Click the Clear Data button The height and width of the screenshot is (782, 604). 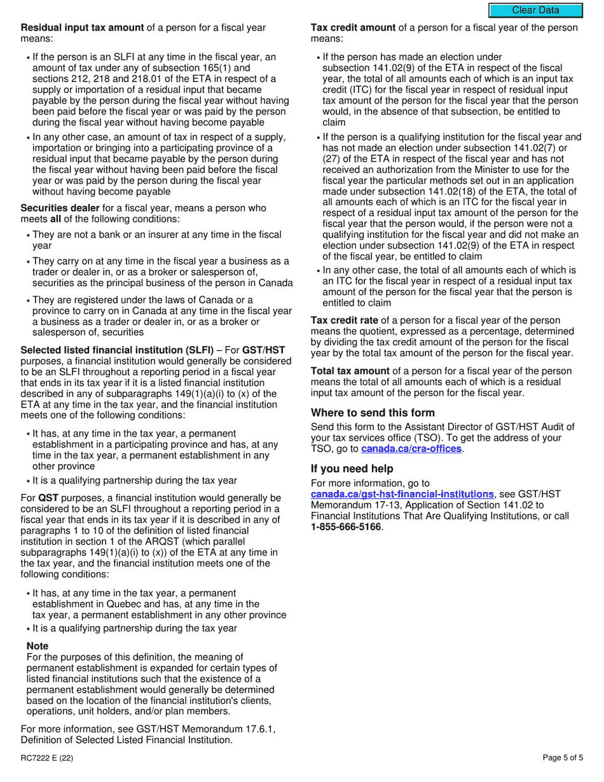click(x=535, y=10)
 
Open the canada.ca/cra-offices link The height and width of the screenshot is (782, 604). click(x=411, y=449)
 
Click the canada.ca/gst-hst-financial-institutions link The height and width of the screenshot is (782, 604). click(x=402, y=494)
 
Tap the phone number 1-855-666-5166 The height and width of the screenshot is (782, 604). click(x=347, y=527)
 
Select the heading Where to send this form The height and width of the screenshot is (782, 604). click(x=373, y=413)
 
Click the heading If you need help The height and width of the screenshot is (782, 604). click(x=352, y=469)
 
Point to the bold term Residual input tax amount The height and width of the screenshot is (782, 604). click(x=83, y=28)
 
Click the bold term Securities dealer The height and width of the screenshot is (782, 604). click(x=60, y=208)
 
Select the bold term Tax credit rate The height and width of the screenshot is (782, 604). click(x=344, y=320)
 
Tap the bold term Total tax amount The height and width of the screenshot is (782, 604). click(x=350, y=371)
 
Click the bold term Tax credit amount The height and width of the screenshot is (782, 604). click(x=352, y=28)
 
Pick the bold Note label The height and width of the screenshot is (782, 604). click(x=38, y=646)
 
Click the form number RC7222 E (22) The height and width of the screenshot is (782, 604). click(x=46, y=757)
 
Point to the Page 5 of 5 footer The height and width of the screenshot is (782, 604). click(x=563, y=757)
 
